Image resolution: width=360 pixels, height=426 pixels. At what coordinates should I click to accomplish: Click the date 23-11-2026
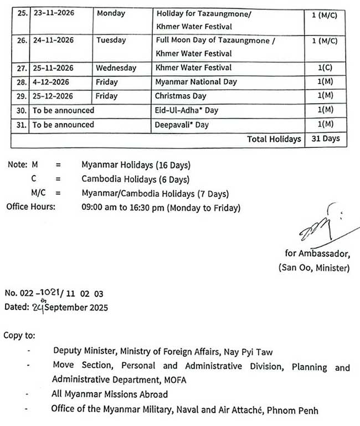54,13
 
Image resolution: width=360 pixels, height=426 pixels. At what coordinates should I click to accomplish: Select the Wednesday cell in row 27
116,68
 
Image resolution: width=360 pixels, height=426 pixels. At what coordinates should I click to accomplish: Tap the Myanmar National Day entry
197,82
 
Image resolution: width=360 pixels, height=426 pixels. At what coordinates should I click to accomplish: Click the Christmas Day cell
181,96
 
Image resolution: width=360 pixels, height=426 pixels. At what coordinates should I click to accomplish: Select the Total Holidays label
274,139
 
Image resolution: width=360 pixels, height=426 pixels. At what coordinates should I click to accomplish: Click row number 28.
20,82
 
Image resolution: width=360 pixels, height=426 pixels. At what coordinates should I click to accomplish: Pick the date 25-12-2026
54,96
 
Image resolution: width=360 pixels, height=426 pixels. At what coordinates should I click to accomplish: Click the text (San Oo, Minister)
314,268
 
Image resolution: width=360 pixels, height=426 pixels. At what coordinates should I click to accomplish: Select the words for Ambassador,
317,254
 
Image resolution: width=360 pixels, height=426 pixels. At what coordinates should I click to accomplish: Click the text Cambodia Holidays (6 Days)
135,179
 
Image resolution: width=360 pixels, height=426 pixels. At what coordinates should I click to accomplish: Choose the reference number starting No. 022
54,293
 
